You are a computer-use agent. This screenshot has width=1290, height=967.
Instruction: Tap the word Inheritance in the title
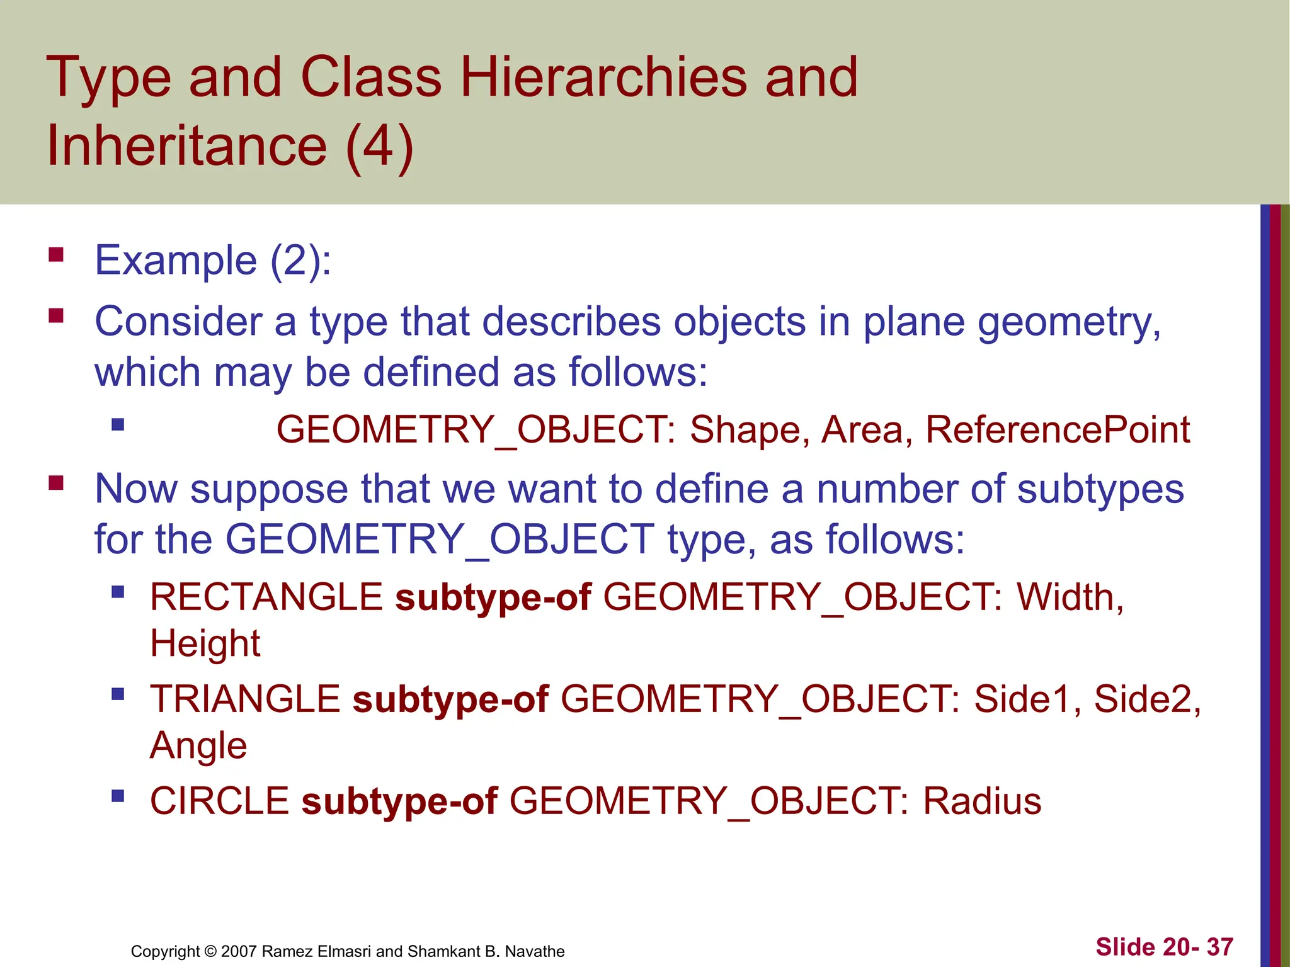(187, 145)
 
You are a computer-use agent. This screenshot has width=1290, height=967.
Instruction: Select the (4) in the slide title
(379, 147)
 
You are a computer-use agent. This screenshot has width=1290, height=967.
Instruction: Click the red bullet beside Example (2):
(56, 255)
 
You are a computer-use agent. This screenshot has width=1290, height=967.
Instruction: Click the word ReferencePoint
(1058, 430)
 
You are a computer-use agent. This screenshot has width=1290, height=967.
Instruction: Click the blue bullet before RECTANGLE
(118, 592)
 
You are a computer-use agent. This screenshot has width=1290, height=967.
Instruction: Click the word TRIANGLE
(245, 699)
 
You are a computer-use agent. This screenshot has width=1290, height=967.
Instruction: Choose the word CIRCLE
(219, 801)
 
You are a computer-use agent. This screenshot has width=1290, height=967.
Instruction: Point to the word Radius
(982, 801)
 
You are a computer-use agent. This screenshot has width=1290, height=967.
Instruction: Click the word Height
(205, 643)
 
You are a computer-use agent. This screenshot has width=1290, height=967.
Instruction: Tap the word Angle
(198, 746)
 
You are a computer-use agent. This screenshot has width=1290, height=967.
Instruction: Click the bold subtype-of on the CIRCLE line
(399, 801)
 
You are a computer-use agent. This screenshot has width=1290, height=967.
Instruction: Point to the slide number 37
(1219, 947)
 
